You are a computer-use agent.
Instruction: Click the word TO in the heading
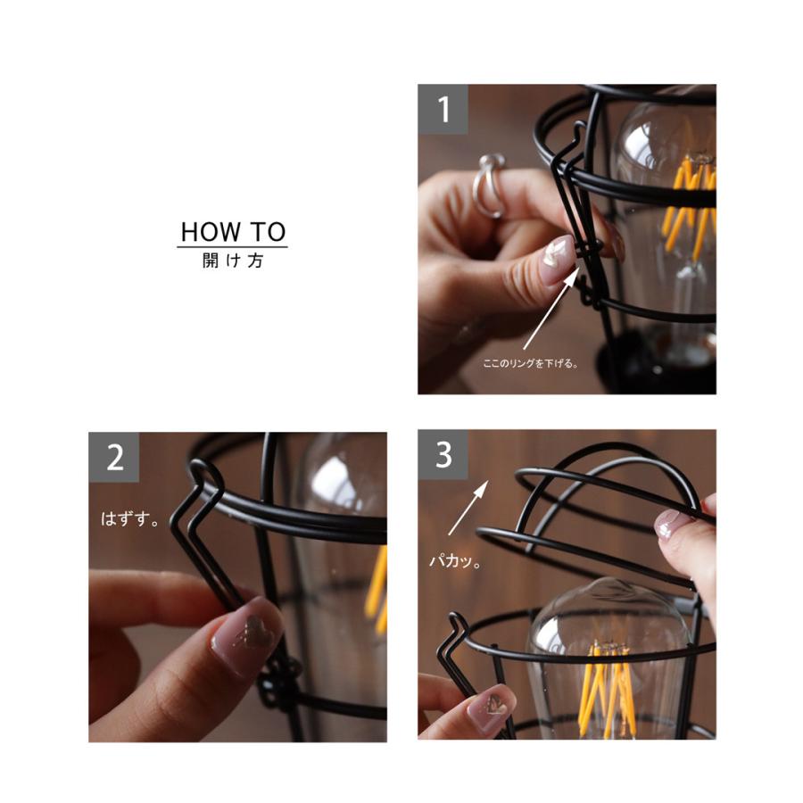coord(269,232)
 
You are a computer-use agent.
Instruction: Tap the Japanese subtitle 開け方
coord(233,261)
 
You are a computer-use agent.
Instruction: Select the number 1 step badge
coord(443,109)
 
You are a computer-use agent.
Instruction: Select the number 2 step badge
coord(113,458)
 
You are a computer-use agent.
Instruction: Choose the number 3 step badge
coord(443,455)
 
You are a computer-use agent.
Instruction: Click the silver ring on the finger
coord(486,185)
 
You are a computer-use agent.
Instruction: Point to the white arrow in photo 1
coord(552,309)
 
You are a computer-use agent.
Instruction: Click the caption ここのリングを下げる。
coord(531,364)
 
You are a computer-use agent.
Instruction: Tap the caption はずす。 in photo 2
coord(130,518)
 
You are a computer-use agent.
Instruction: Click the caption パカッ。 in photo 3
coord(455,561)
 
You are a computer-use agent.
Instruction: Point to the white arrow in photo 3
coord(468,508)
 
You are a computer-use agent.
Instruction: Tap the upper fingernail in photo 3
coord(671,525)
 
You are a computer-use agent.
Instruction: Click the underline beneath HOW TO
coord(233,247)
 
